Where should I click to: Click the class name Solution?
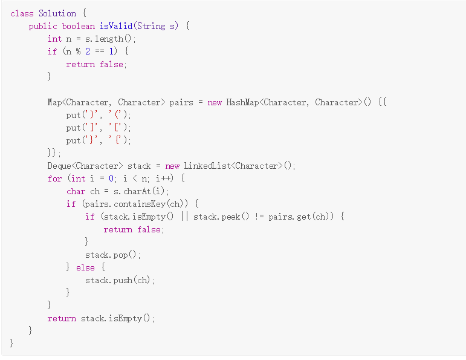click(x=57, y=13)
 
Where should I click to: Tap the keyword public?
click(x=43, y=26)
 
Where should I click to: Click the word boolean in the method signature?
click(x=79, y=26)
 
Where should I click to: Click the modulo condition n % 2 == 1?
click(x=91, y=51)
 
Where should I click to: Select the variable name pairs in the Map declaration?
click(x=181, y=102)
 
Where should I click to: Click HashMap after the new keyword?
click(x=245, y=102)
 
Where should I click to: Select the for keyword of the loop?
click(x=54, y=178)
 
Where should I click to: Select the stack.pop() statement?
click(x=112, y=255)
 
